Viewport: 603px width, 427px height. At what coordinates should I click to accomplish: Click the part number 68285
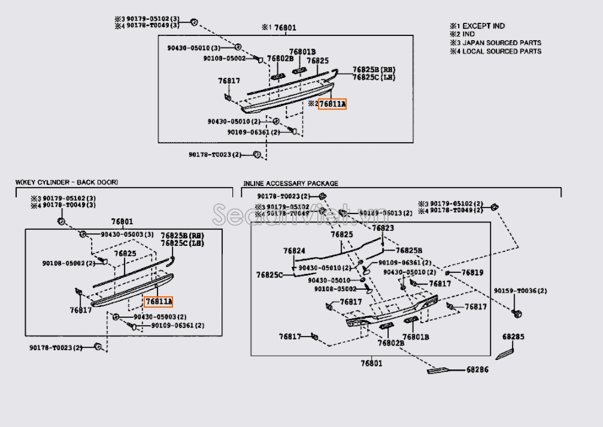click(513, 336)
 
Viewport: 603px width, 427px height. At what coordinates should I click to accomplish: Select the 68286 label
click(477, 370)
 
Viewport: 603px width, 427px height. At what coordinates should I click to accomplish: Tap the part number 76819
click(472, 273)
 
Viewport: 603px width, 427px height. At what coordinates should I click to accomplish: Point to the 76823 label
click(383, 228)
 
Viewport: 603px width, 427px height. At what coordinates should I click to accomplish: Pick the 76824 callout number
click(295, 251)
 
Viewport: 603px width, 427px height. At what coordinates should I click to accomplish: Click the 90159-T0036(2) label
click(520, 291)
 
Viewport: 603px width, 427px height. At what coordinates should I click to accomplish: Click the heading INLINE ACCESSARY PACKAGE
click(290, 184)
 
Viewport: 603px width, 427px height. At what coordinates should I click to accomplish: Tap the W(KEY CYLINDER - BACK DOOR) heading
click(67, 182)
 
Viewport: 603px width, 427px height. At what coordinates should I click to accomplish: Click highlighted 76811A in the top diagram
click(332, 104)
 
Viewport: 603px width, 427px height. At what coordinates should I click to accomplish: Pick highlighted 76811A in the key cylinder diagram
click(158, 301)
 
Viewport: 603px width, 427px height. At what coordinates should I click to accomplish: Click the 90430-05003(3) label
click(127, 234)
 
